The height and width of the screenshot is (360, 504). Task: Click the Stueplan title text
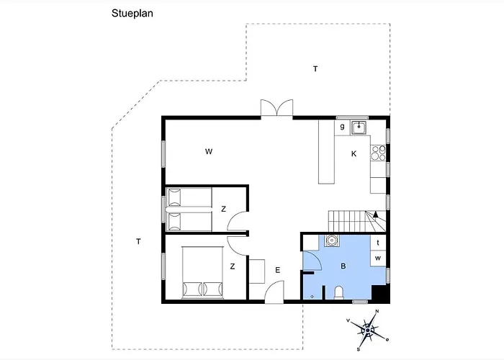[x=132, y=14]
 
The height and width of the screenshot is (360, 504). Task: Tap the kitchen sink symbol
[x=359, y=127]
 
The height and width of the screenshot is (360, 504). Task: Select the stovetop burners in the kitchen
[x=378, y=153]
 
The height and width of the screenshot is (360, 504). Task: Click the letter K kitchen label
[x=354, y=154]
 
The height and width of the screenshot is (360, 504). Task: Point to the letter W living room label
[x=209, y=151]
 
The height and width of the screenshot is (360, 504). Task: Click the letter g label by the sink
[x=342, y=126]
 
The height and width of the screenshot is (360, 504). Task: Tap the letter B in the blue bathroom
[x=343, y=266]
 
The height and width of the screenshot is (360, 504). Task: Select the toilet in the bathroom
[x=339, y=292]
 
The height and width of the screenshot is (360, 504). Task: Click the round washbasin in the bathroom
[x=330, y=240]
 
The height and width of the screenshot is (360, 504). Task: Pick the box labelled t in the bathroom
[x=378, y=243]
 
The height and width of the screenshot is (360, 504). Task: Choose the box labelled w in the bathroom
[x=378, y=258]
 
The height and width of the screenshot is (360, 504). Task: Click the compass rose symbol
[x=368, y=330]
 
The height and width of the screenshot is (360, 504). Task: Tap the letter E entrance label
[x=278, y=270]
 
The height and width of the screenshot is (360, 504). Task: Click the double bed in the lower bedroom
[x=202, y=273]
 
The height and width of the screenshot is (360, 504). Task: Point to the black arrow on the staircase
[x=375, y=215]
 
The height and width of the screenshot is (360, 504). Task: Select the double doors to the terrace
[x=276, y=108]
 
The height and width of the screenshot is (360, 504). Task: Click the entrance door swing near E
[x=274, y=292]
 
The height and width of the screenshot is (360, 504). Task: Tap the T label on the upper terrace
[x=315, y=69]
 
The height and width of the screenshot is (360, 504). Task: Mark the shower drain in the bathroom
[x=312, y=297]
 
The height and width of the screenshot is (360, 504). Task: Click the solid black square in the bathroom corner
[x=379, y=293]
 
